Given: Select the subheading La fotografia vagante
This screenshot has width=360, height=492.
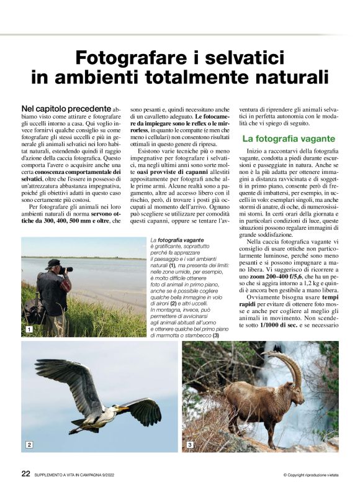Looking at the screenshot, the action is [289, 139].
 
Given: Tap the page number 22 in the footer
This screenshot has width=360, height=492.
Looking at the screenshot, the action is [25, 473].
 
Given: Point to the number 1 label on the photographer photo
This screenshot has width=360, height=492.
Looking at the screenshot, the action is [28, 329].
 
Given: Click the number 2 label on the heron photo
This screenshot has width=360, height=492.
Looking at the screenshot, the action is [29, 444].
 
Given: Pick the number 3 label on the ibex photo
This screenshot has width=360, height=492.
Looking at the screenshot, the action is [190, 445].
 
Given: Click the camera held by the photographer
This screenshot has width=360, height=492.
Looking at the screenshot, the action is [66, 270].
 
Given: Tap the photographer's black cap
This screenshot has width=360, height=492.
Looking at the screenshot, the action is [53, 263].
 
